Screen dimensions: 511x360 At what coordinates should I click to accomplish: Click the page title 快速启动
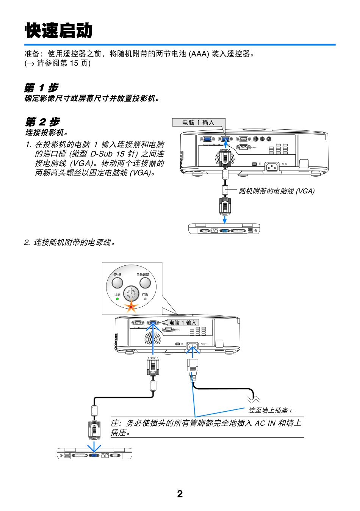point(59,31)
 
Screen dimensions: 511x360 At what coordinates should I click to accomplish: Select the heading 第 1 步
point(41,88)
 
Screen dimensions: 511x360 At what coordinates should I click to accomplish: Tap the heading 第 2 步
point(42,122)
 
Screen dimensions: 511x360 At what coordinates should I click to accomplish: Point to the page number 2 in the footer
point(180,494)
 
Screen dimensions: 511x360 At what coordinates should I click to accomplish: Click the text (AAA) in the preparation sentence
point(199,54)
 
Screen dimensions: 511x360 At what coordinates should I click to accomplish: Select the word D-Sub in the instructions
point(102,154)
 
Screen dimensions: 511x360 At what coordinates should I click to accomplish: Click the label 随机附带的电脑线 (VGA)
point(277,191)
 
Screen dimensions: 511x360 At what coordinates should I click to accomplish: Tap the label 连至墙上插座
point(268,410)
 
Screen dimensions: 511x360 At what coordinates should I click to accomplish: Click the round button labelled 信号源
point(117,283)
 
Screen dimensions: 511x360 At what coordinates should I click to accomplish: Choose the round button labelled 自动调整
point(145,283)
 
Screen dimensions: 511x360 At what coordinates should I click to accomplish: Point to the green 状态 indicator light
point(117,299)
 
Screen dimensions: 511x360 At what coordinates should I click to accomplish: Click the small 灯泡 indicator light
point(145,299)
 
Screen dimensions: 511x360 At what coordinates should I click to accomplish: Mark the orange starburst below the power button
point(131,306)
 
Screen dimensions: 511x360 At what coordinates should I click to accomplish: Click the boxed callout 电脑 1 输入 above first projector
point(198,122)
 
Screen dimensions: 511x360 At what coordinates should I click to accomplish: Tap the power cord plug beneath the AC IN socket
point(193,366)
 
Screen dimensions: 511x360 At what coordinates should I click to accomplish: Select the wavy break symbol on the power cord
point(254,399)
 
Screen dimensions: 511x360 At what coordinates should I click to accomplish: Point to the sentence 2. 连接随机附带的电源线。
point(70,242)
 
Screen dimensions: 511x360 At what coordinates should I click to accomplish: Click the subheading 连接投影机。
point(47,132)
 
